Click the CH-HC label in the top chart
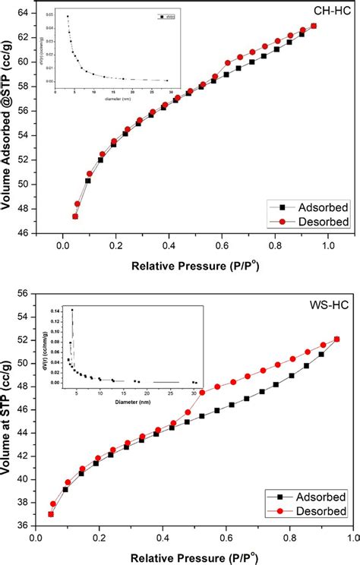click(330, 10)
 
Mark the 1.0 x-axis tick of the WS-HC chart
click(351, 538)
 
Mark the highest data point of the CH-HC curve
click(314, 26)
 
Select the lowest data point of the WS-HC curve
click(51, 514)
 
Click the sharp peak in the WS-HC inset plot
click(73, 310)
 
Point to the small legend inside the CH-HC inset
click(166, 15)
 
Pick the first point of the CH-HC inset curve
click(68, 17)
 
